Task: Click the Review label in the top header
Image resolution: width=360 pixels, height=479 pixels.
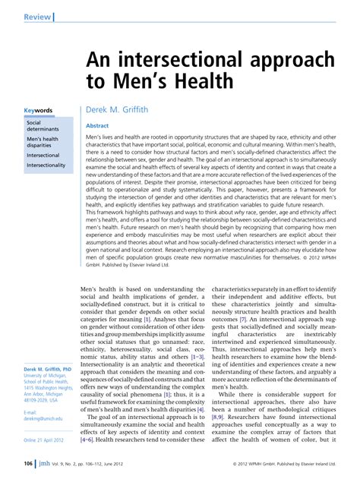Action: click(37, 16)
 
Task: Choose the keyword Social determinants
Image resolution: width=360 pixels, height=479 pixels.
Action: click(39, 125)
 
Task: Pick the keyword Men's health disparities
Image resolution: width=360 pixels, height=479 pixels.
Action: click(43, 143)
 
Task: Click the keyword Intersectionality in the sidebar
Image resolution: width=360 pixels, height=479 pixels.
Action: click(46, 165)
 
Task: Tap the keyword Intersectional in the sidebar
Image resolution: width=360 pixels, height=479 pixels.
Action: click(43, 155)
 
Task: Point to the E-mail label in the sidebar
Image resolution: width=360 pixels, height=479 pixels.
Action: click(32, 412)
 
